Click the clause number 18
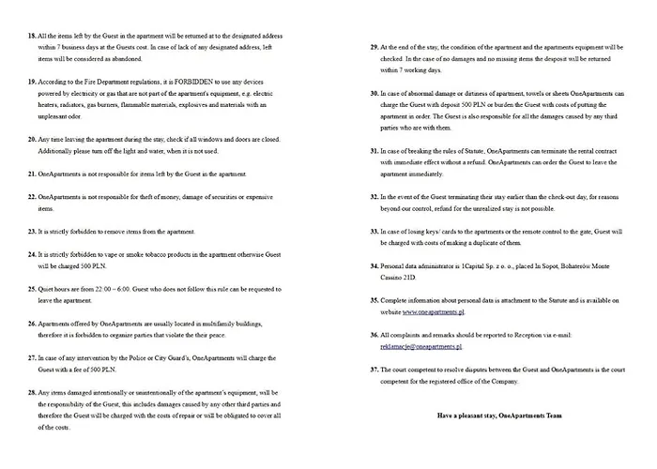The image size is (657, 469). coord(32,36)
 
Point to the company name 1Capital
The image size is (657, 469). coord(466,265)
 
